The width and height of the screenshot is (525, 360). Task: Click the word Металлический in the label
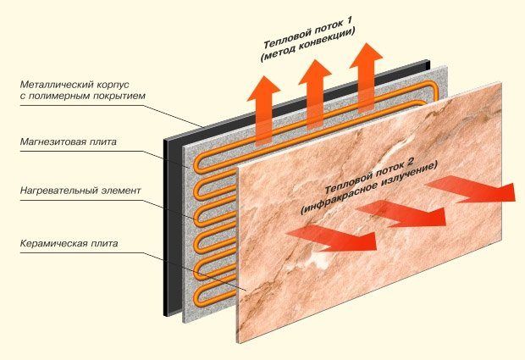(52, 85)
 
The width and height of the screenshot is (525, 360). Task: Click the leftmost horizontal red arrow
(331, 236)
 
